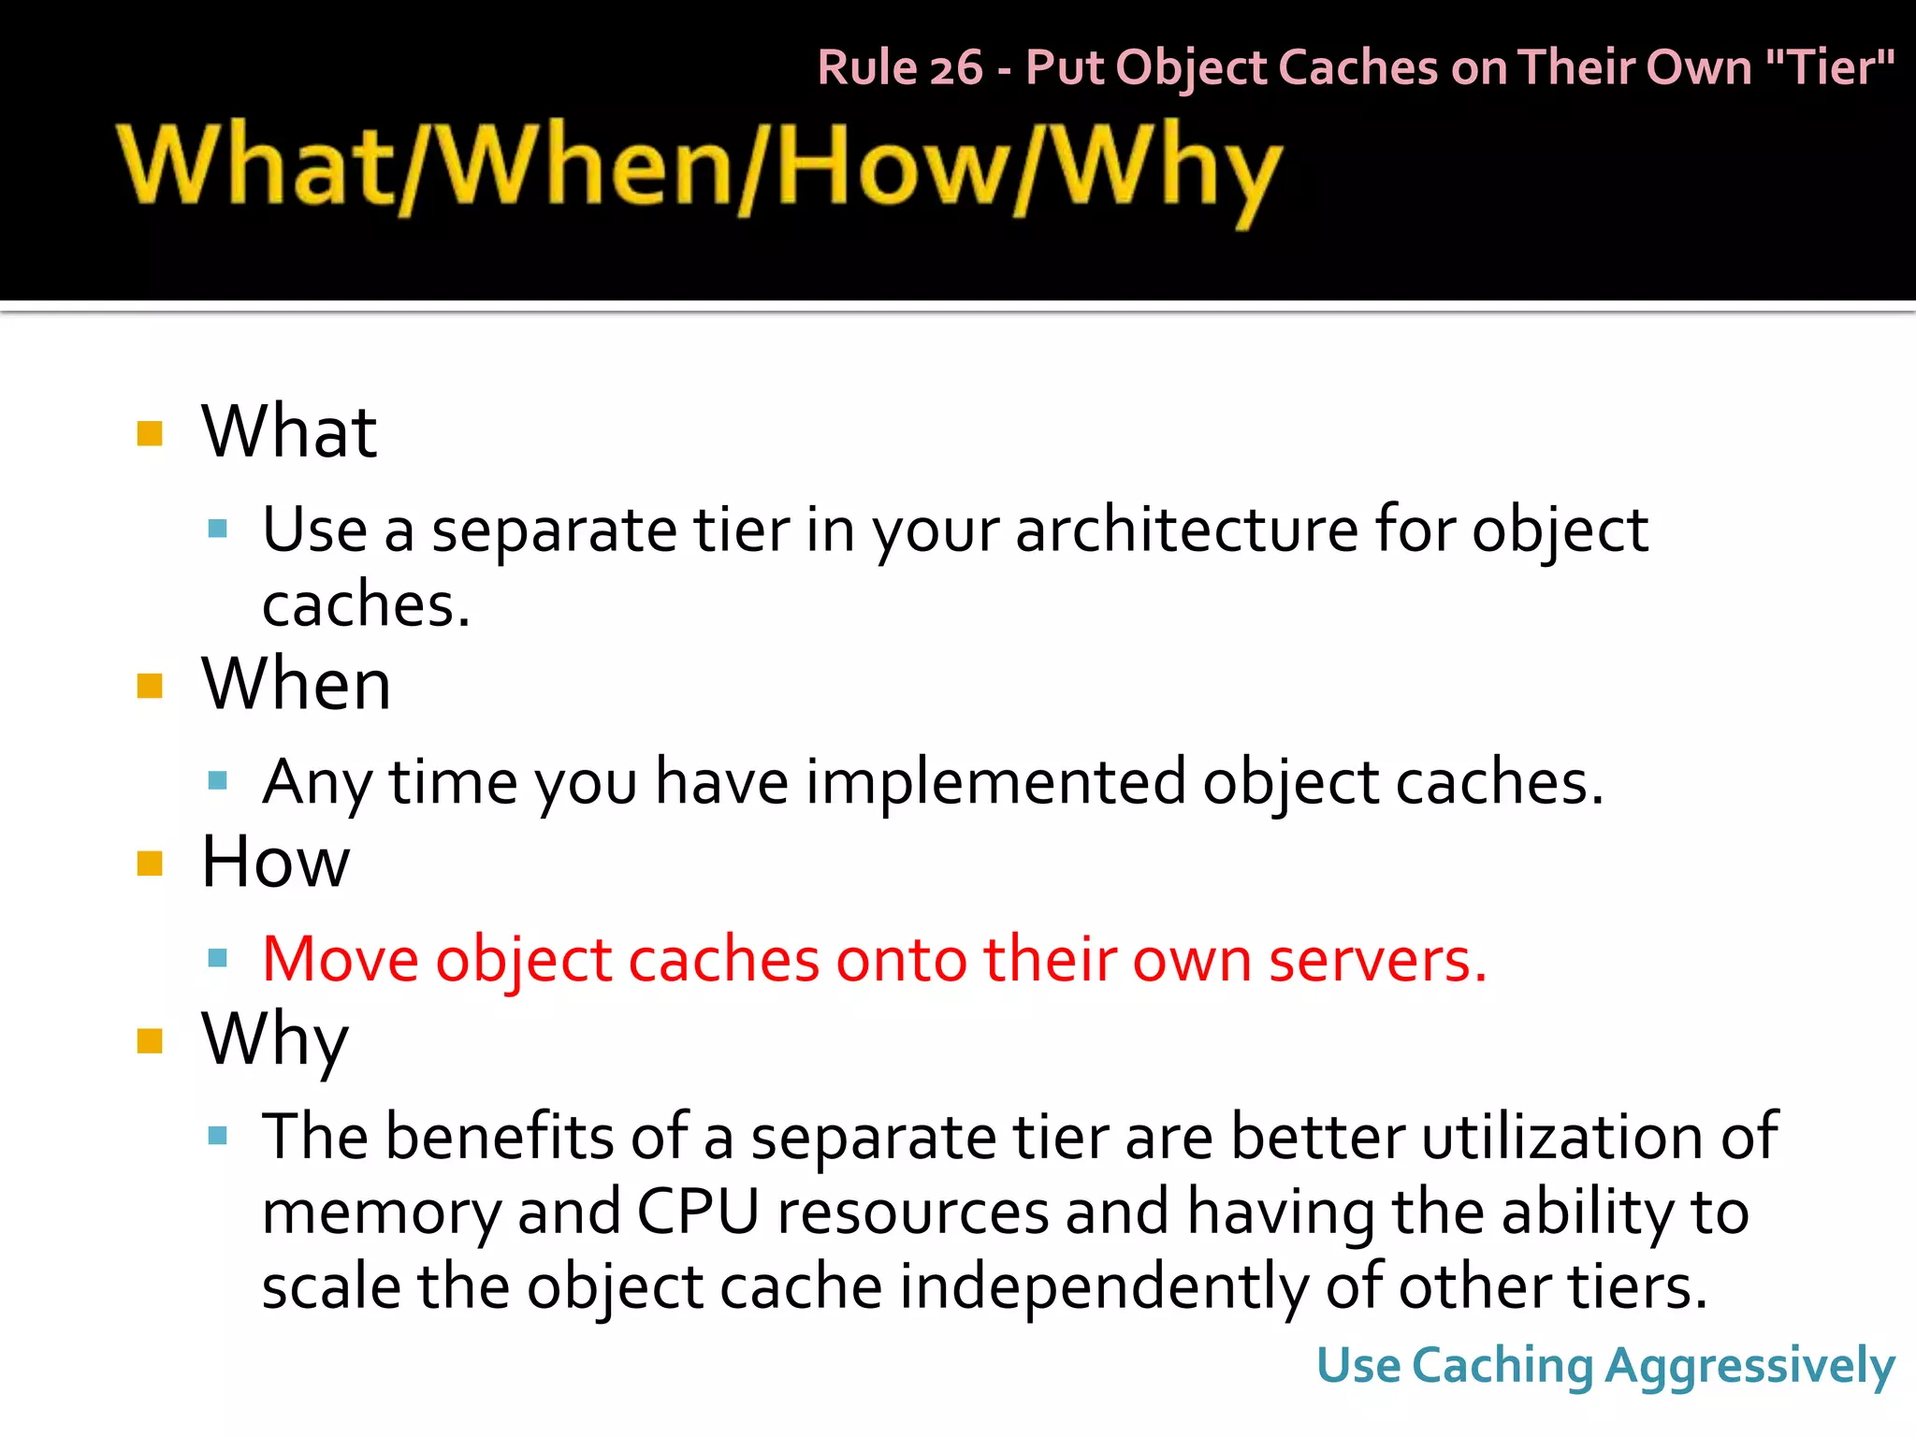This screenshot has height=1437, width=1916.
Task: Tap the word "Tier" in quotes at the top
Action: pos(1829,68)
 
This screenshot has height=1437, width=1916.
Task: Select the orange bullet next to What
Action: pos(150,433)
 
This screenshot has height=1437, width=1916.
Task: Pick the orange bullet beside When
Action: pos(150,686)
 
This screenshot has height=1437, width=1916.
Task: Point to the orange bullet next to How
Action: pos(150,863)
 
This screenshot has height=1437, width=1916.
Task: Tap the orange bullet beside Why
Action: pos(150,1040)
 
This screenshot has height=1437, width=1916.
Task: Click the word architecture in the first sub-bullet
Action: pos(1186,530)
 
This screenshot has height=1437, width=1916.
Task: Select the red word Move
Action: pos(340,960)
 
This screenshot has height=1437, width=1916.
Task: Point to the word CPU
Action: pos(697,1212)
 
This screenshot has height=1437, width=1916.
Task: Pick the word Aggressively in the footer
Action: pos(1749,1367)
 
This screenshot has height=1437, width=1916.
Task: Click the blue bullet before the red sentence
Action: pos(218,958)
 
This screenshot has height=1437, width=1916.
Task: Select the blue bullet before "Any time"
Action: pos(218,780)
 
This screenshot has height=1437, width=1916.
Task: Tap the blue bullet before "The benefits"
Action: pos(218,1136)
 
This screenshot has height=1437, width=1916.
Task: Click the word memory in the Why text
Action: pos(381,1212)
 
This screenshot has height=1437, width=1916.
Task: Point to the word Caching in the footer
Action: pos(1502,1367)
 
